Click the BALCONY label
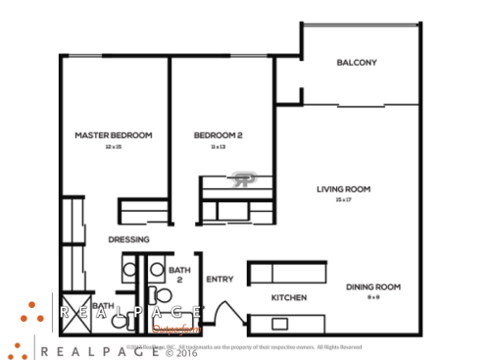tap(357, 63)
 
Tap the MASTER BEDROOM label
tap(114, 135)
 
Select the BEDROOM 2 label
tap(218, 135)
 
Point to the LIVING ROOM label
tap(342, 189)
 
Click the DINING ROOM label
tap(373, 286)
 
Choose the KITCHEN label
tap(289, 297)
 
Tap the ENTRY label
tap(220, 280)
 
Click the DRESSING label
tap(128, 239)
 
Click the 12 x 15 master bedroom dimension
tap(113, 146)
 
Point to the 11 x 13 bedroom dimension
tap(218, 146)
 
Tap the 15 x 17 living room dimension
tap(342, 200)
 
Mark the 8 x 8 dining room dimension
tap(373, 296)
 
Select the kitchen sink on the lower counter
tap(280, 323)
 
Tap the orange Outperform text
tap(175, 331)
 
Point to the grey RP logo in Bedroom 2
tap(242, 179)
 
